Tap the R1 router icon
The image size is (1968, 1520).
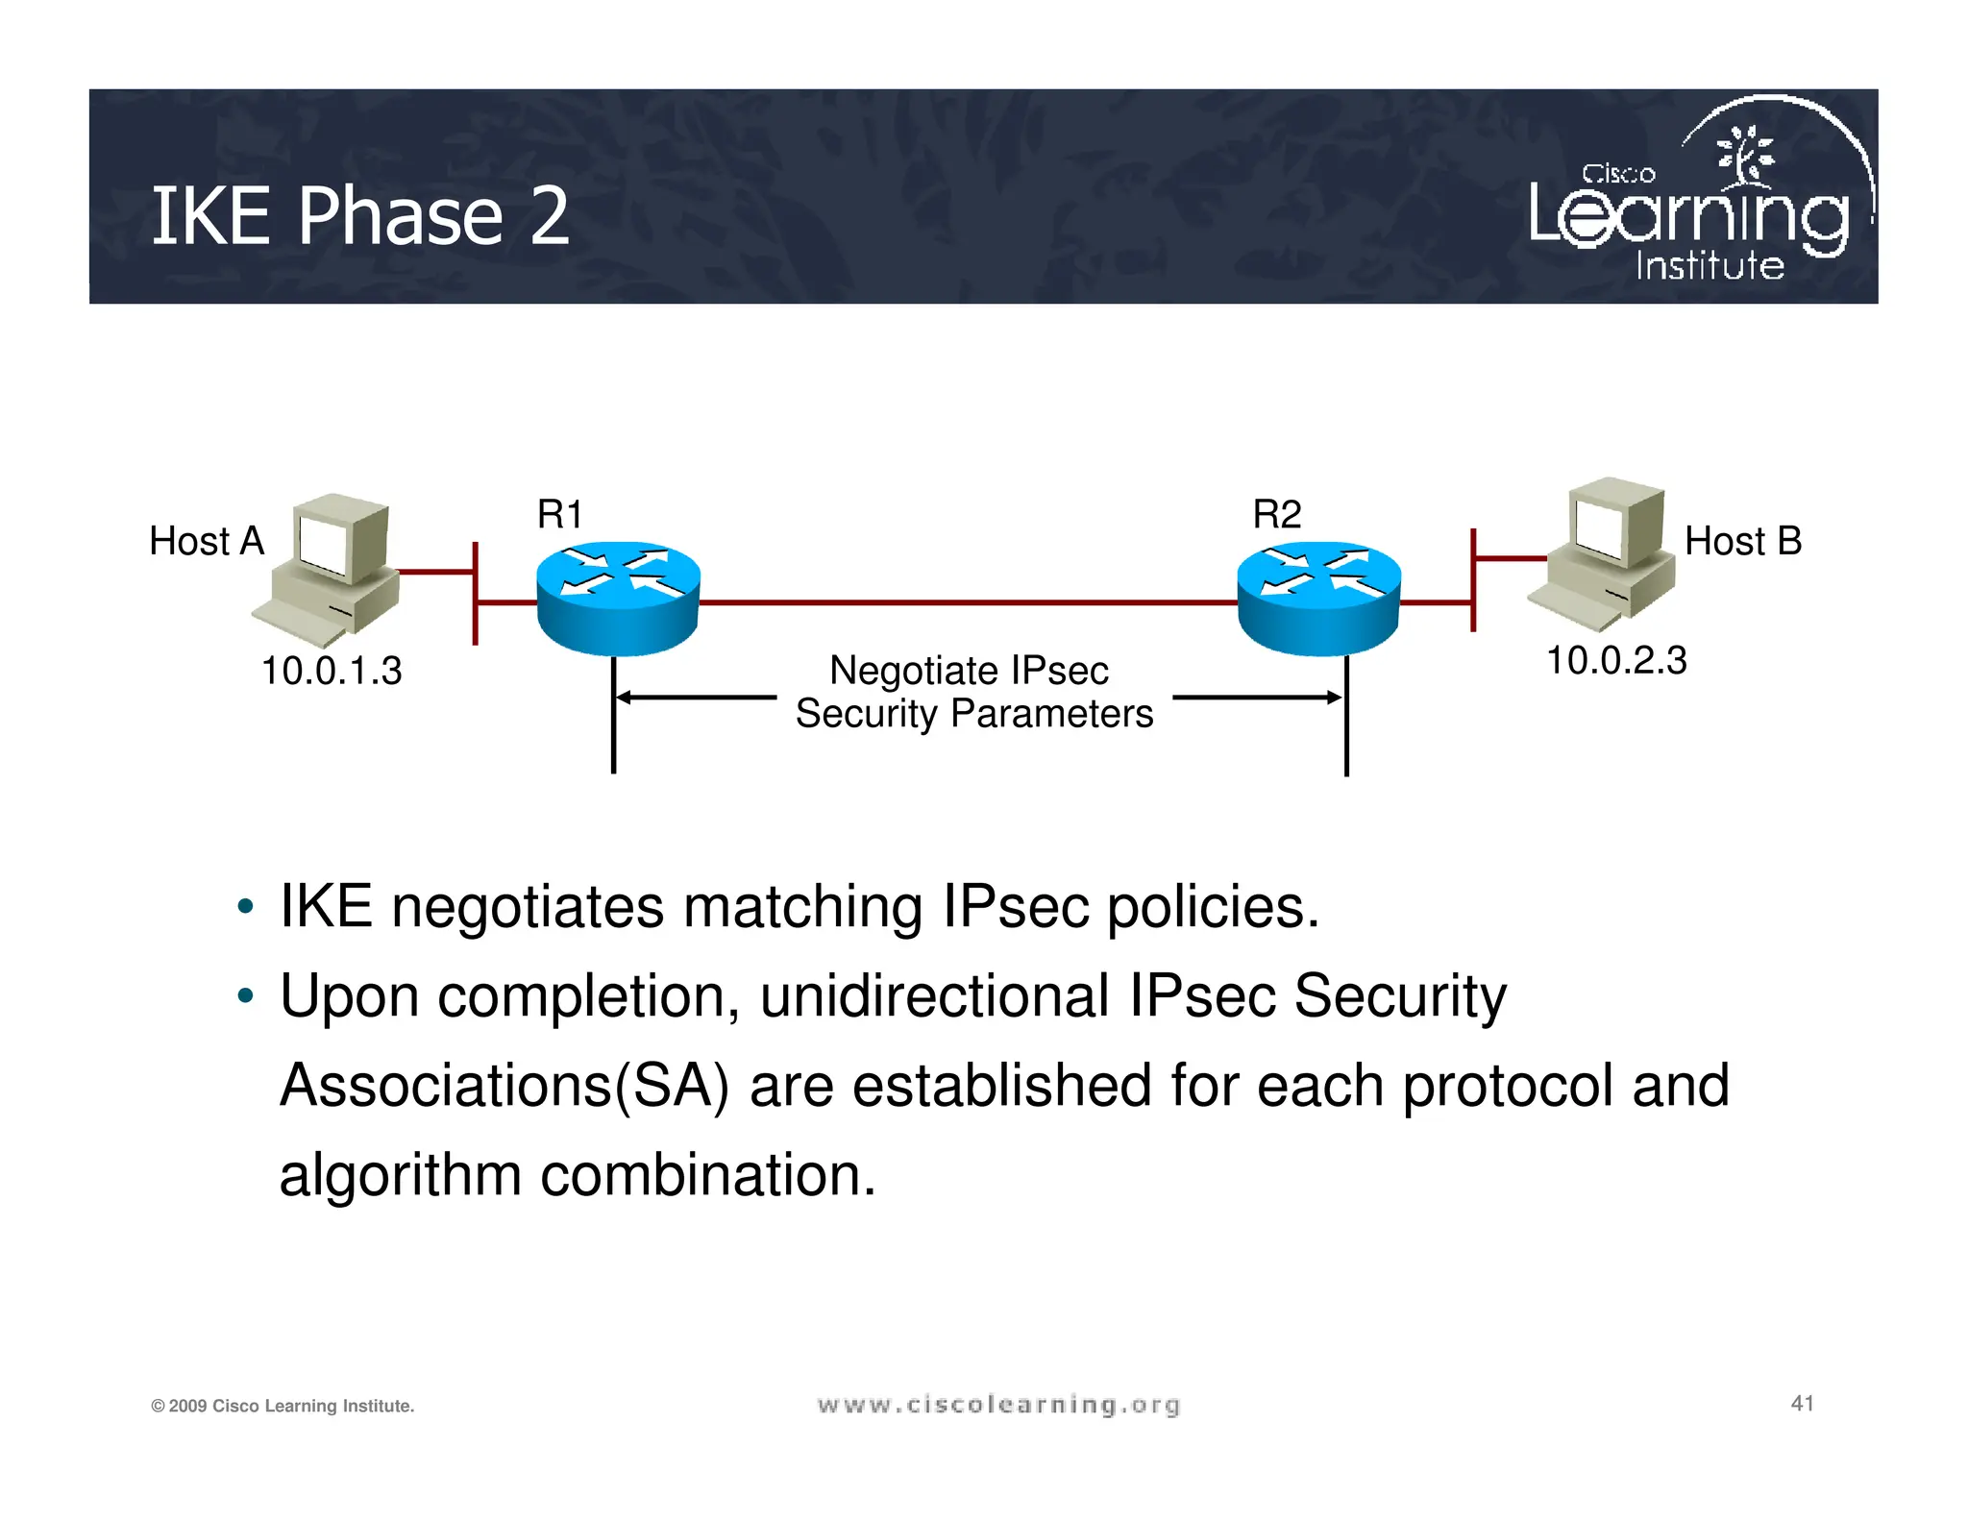(x=618, y=598)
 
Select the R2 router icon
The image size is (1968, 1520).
(x=1318, y=598)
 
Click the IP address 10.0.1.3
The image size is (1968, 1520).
(x=332, y=671)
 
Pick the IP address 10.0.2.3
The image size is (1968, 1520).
(x=1616, y=661)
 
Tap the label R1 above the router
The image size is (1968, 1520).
(x=559, y=515)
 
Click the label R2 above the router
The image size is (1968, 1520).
(x=1276, y=515)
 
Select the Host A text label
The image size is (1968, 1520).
(x=207, y=542)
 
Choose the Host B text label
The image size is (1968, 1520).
(x=1743, y=542)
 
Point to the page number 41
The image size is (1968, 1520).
(x=1802, y=1404)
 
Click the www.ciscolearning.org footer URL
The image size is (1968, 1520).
(x=998, y=1406)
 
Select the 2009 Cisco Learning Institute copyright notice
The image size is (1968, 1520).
(x=283, y=1407)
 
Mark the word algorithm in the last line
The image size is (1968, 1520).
(x=400, y=1175)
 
